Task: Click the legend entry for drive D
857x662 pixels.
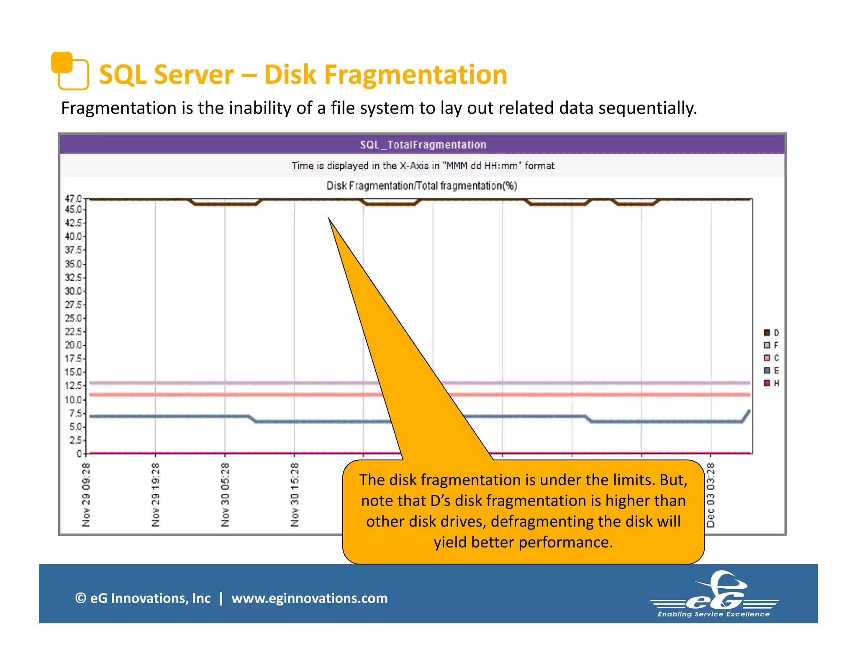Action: coord(771,333)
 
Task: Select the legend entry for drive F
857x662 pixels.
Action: coord(771,345)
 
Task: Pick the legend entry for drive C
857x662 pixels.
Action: coord(771,358)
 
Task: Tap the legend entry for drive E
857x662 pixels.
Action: coord(771,370)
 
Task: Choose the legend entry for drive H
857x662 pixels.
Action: coord(771,383)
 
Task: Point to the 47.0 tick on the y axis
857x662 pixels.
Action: coord(73,199)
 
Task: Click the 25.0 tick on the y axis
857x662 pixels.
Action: coord(73,318)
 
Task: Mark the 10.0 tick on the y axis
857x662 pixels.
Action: coord(73,400)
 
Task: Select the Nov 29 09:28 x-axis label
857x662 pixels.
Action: coord(86,495)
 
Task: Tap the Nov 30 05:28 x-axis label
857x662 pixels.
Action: coord(225,495)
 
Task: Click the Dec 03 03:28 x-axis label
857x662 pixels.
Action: coord(711,495)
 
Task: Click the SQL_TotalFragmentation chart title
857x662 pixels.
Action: coord(423,145)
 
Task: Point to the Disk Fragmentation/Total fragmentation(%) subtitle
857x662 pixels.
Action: coord(421,186)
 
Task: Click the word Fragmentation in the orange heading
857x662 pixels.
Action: coord(416,75)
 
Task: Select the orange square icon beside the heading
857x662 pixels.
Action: coord(69,71)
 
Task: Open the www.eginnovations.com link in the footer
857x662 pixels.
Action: coord(310,598)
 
